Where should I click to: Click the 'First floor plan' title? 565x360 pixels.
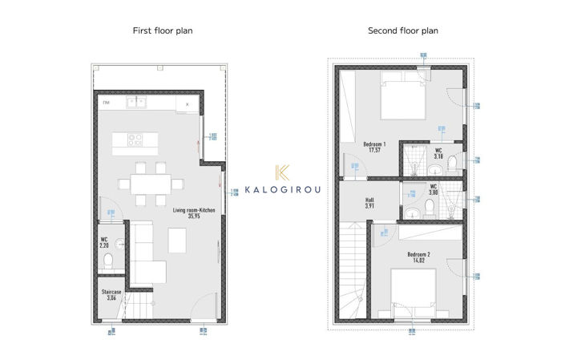pyautogui.click(x=162, y=30)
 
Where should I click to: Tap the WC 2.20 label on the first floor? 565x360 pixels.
pyautogui.click(x=104, y=242)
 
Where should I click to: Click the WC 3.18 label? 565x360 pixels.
pyautogui.click(x=438, y=153)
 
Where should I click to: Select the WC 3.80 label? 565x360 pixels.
pyautogui.click(x=434, y=190)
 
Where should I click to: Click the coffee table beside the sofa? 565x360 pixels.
pyautogui.click(x=177, y=238)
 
